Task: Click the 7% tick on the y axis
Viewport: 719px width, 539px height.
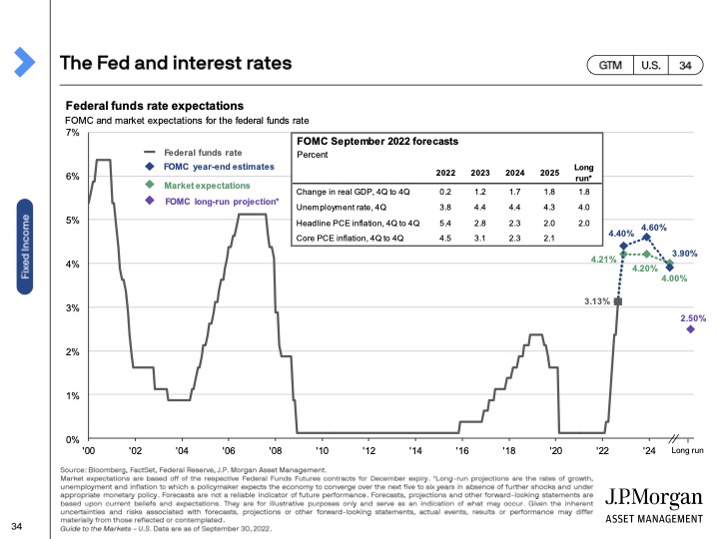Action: coord(72,133)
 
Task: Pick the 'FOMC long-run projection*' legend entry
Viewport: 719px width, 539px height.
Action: coord(221,202)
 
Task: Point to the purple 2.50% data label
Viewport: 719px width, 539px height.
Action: coord(692,318)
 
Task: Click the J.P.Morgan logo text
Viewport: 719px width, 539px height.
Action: coord(650,496)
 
